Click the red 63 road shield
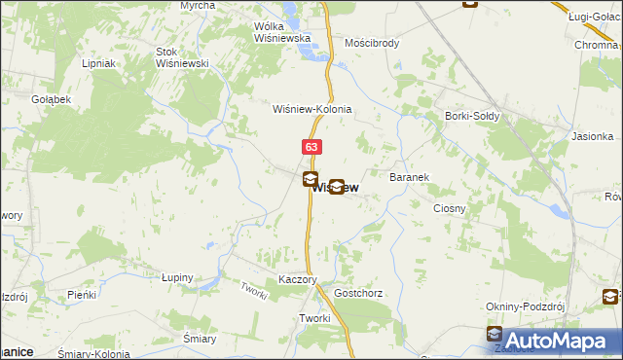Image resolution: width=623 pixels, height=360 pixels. pyautogui.click(x=311, y=147)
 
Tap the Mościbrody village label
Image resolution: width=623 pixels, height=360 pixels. pyautogui.click(x=373, y=44)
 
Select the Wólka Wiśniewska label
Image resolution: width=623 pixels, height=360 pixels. pyautogui.click(x=281, y=32)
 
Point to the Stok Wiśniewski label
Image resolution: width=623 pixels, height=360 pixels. pyautogui.click(x=183, y=57)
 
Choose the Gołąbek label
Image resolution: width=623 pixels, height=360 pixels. pyautogui.click(x=51, y=99)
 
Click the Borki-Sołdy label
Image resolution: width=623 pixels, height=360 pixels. pyautogui.click(x=472, y=117)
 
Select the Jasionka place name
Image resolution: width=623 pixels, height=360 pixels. pyautogui.click(x=594, y=137)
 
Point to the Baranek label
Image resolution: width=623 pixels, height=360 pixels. pyautogui.click(x=410, y=178)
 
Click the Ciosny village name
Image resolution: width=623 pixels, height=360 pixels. pyautogui.click(x=450, y=208)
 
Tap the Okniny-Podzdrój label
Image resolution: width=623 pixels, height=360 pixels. pyautogui.click(x=526, y=306)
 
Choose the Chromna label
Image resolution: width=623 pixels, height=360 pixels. pyautogui.click(x=598, y=45)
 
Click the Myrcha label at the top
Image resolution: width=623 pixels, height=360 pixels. pyautogui.click(x=198, y=6)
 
